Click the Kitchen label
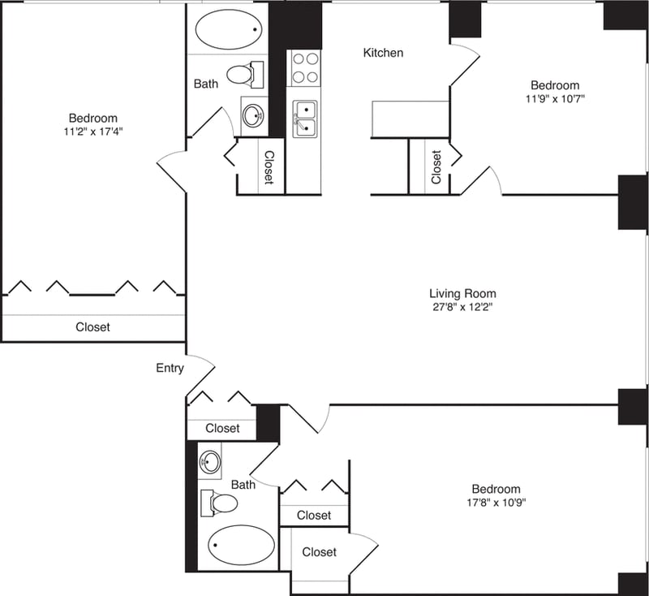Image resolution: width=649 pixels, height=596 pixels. pyautogui.click(x=383, y=53)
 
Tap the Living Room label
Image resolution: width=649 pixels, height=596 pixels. pyautogui.click(x=462, y=293)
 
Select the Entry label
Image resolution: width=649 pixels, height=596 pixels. pyautogui.click(x=170, y=368)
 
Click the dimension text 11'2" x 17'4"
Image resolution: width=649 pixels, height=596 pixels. pyautogui.click(x=92, y=131)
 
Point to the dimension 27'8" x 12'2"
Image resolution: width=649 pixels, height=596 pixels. pyautogui.click(x=462, y=308)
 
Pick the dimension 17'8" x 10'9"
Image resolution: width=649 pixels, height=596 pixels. pyautogui.click(x=496, y=503)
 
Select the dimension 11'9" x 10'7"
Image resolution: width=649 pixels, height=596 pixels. pyautogui.click(x=555, y=99)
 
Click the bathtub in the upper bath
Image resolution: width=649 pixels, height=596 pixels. pyautogui.click(x=228, y=29)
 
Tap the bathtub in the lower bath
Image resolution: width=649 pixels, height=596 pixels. pyautogui.click(x=241, y=545)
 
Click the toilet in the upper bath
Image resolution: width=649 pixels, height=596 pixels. pyautogui.click(x=244, y=76)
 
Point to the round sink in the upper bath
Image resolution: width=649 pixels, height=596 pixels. pyautogui.click(x=254, y=114)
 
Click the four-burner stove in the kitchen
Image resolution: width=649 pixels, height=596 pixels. pyautogui.click(x=304, y=68)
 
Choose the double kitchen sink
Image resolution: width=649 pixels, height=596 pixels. pyautogui.click(x=304, y=118)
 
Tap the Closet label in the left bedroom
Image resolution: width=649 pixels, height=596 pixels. pyautogui.click(x=92, y=327)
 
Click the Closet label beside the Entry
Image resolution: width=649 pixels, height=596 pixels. pyautogui.click(x=222, y=428)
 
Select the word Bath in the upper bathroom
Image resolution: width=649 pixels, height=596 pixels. pyautogui.click(x=205, y=83)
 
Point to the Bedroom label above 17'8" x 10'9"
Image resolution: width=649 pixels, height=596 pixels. pyautogui.click(x=496, y=489)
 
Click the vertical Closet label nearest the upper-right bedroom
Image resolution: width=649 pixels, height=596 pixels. pyautogui.click(x=436, y=166)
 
